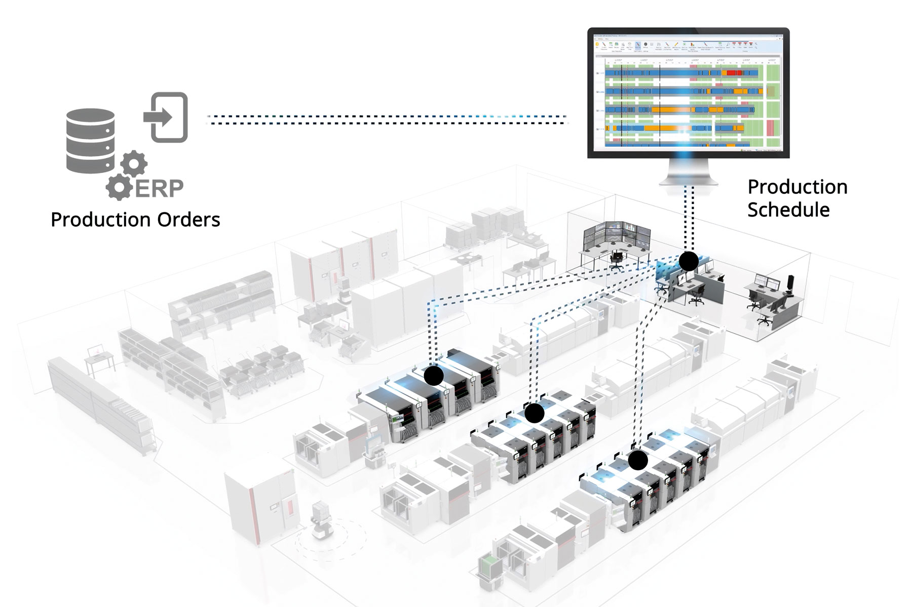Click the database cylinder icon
pos(90,141)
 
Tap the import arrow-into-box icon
pos(166,117)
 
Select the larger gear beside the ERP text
pos(120,187)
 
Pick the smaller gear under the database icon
pos(134,163)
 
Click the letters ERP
pos(159,188)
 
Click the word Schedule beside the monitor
pos(788,210)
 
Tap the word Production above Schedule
pos(798,187)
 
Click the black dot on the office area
pos(688,261)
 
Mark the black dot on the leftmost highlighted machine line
pos(433,376)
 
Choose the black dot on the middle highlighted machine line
pos(534,413)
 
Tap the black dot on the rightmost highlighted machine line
pos(638,460)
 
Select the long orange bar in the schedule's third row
pos(671,109)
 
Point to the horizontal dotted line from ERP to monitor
pos(385,119)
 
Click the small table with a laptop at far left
pos(98,357)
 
